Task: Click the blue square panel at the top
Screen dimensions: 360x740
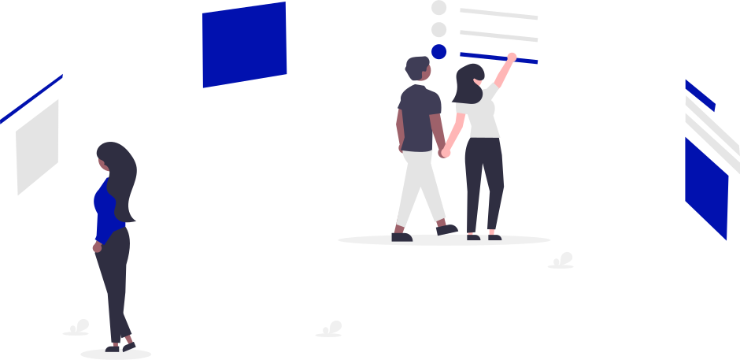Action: click(x=244, y=44)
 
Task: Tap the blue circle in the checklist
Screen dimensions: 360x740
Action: click(x=438, y=51)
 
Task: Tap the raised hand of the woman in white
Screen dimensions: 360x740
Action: click(x=512, y=57)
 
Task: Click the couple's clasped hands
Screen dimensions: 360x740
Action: click(x=446, y=151)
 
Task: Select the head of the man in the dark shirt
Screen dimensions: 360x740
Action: click(x=417, y=69)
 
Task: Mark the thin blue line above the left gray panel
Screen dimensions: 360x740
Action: click(x=31, y=98)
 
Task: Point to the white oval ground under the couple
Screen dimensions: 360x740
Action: click(x=444, y=239)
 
